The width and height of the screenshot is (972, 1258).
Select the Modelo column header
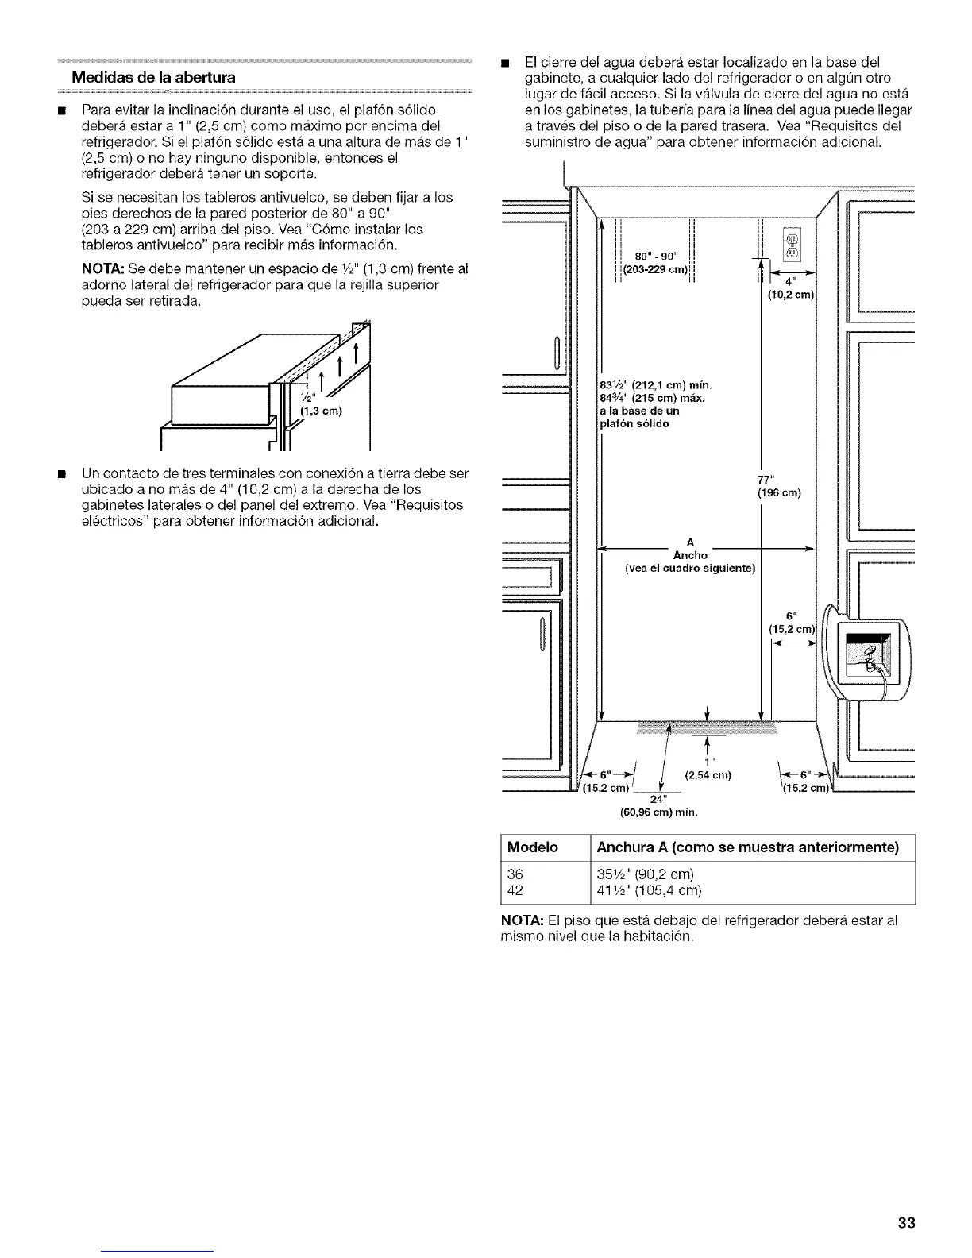click(534, 847)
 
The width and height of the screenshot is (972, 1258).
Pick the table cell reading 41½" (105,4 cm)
click(649, 889)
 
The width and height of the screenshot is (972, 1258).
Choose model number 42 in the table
click(515, 889)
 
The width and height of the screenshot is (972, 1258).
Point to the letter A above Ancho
click(690, 543)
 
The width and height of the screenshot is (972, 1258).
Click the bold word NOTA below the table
click(520, 920)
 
